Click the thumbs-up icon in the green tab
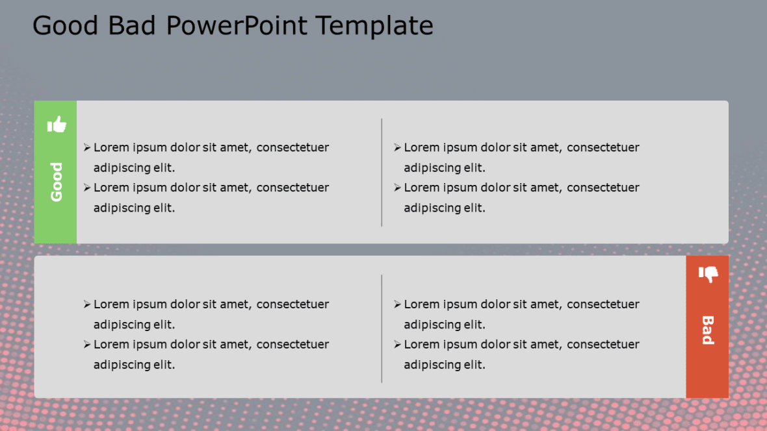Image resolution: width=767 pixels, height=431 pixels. [x=57, y=124]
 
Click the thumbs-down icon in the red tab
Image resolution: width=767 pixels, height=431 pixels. [x=708, y=274]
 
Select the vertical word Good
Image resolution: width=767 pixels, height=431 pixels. [x=57, y=182]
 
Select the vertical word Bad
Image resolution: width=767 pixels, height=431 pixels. [x=708, y=330]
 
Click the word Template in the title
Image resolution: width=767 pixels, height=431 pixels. [x=374, y=26]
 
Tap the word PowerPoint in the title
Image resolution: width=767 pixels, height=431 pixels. [x=238, y=26]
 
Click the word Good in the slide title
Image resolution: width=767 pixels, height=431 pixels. [x=64, y=26]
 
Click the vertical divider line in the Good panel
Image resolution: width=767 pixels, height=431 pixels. [x=382, y=172]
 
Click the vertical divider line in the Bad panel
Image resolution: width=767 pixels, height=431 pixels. [x=382, y=328]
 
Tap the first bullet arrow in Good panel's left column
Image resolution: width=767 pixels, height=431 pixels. [x=87, y=148]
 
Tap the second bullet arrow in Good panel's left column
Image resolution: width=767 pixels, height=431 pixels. [x=87, y=188]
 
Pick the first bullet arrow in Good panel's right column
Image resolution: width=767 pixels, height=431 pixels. [x=397, y=148]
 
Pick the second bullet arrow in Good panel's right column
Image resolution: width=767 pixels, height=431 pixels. [x=397, y=188]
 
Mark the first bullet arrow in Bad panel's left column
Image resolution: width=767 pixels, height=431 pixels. [x=87, y=304]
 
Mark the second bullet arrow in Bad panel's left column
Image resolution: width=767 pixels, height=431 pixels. [x=87, y=345]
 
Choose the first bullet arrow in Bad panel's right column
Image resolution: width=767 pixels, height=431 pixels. [x=397, y=304]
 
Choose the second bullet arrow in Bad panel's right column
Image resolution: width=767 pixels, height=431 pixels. [x=397, y=345]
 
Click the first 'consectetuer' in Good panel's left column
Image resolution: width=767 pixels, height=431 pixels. [x=292, y=148]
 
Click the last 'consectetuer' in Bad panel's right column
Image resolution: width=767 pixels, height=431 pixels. [x=603, y=345]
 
